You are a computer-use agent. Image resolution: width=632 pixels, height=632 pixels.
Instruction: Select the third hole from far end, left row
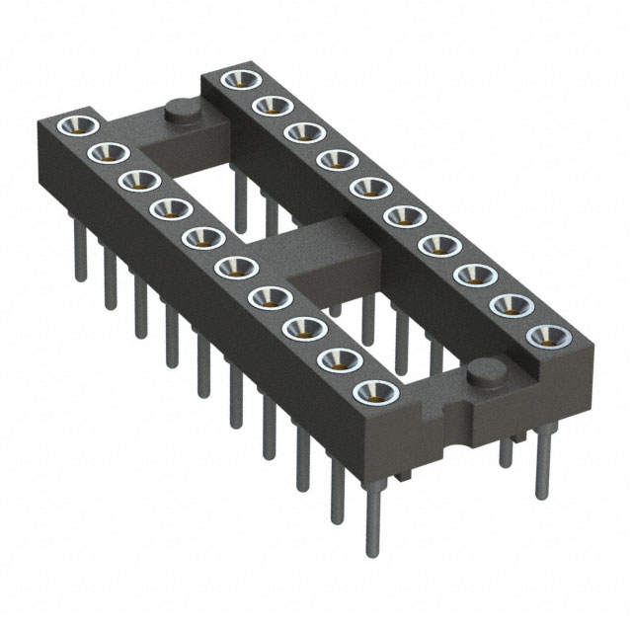[x=139, y=180]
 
